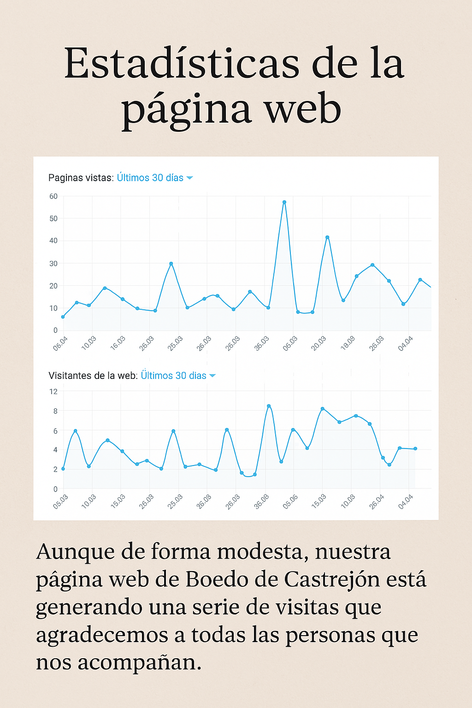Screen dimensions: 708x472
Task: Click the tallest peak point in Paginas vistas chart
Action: pyautogui.click(x=284, y=202)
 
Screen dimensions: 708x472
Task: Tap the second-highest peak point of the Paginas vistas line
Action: pyautogui.click(x=327, y=237)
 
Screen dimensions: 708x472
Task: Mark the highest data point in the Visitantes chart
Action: pyautogui.click(x=269, y=406)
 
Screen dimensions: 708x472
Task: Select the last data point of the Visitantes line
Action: pyautogui.click(x=415, y=448)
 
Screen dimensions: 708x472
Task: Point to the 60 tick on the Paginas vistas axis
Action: pyautogui.click(x=53, y=196)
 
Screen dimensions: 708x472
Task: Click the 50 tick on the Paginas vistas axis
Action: pyautogui.click(x=53, y=218)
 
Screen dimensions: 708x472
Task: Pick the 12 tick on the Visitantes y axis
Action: pyautogui.click(x=53, y=392)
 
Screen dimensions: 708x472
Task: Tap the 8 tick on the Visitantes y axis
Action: pyautogui.click(x=55, y=411)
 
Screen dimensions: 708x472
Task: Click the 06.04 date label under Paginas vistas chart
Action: pyautogui.click(x=60, y=344)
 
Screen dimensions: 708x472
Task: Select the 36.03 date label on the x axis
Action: pyautogui.click(x=262, y=344)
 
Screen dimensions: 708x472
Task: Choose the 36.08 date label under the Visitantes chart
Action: pyautogui.click(x=261, y=501)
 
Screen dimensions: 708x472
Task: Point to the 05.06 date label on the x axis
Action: pyautogui.click(x=290, y=501)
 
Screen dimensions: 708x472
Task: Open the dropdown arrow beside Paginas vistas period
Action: pyautogui.click(x=189, y=178)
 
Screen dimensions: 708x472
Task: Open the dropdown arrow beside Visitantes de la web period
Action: pyautogui.click(x=212, y=376)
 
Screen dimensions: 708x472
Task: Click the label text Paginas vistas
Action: pyautogui.click(x=81, y=178)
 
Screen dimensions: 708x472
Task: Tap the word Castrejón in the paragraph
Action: pyautogui.click(x=332, y=579)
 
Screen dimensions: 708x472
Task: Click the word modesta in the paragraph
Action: pyautogui.click(x=262, y=552)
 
